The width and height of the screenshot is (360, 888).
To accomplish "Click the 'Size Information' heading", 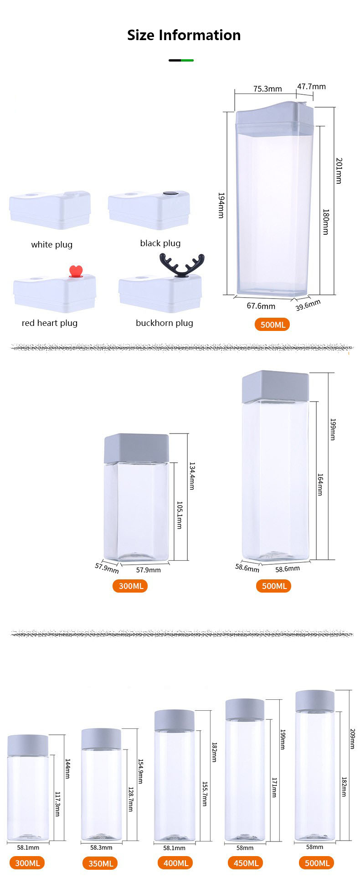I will click(x=184, y=35).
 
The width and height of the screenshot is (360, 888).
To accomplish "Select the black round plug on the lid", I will click(x=170, y=194).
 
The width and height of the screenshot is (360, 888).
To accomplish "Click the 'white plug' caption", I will click(x=51, y=245).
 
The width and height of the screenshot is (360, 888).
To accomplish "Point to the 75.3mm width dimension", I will click(x=267, y=88).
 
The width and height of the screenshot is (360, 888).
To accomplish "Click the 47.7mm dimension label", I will click(x=311, y=87).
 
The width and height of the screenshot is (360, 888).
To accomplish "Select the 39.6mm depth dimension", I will click(x=308, y=305).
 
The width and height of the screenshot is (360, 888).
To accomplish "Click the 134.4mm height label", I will click(x=192, y=476).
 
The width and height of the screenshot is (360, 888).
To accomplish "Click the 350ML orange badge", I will click(x=101, y=863).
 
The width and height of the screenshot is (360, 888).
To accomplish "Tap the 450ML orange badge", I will click(x=246, y=863).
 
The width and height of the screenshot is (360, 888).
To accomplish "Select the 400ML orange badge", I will click(x=175, y=863).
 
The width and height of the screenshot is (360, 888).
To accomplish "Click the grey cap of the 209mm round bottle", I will click(x=315, y=701).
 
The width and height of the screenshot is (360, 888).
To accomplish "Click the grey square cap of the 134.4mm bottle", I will click(x=137, y=448).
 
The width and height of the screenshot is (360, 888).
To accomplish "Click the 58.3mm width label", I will click(x=101, y=847).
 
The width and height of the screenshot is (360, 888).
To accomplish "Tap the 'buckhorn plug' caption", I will click(x=165, y=323).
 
